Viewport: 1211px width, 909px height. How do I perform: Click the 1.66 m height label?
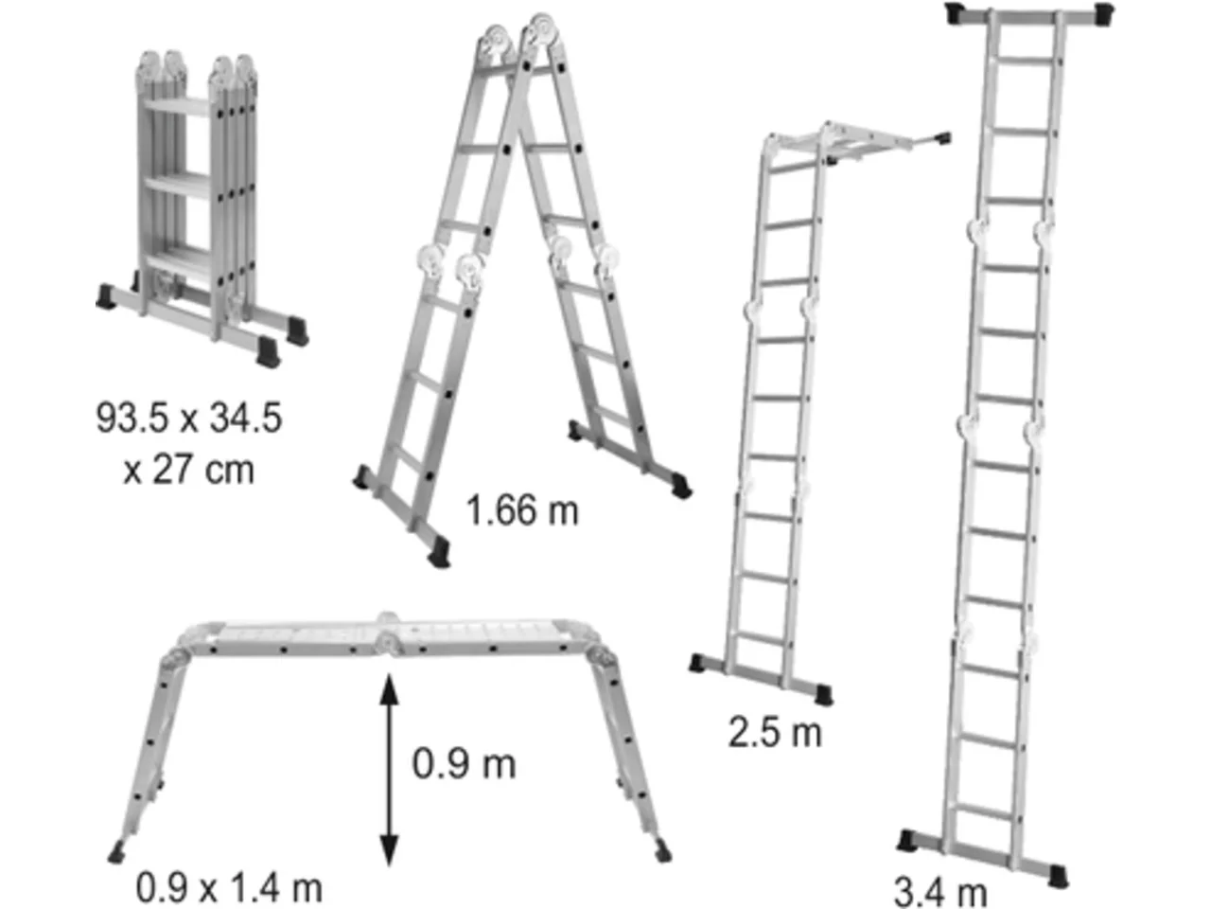coord(522,510)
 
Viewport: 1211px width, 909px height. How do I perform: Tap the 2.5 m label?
coord(775,733)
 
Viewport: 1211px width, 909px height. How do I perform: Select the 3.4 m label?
coord(939,890)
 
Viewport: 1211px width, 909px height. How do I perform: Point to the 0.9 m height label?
coord(464,764)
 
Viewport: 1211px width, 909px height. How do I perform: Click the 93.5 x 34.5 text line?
coord(189,418)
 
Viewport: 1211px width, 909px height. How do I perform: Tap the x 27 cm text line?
coord(188,471)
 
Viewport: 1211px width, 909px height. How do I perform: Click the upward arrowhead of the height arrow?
coord(389,689)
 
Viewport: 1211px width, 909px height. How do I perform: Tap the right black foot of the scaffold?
coord(662,851)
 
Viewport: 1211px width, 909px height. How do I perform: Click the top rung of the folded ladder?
coord(178,106)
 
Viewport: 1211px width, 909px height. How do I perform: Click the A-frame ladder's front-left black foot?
coord(440,552)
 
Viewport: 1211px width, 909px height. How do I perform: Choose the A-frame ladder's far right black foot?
coord(682,487)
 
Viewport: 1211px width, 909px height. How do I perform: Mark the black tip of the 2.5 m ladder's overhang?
coord(940,137)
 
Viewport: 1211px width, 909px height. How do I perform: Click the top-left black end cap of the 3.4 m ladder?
coord(959,13)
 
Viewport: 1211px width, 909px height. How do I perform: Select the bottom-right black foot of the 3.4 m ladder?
coord(1058,875)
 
